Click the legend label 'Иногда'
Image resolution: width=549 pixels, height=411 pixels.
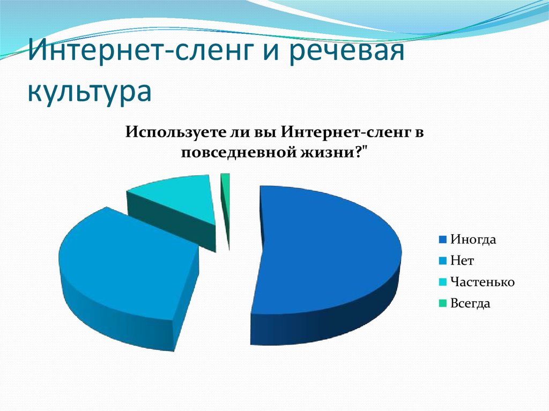pos(473,240)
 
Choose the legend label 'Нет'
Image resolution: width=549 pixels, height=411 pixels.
pos(462,261)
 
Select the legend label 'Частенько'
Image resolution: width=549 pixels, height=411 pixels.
pos(482,282)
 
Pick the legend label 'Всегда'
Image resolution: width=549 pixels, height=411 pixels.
pos(470,303)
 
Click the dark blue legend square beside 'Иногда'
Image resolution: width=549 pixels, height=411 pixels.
pos(443,240)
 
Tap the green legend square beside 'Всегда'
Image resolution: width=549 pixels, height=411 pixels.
pos(443,303)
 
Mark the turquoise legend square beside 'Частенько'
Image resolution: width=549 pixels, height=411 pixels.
pos(443,282)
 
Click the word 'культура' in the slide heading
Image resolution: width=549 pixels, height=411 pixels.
pos(90,91)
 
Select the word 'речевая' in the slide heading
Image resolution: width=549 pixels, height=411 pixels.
pos(347,52)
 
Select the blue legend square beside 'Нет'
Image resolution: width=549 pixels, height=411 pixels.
pos(443,261)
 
